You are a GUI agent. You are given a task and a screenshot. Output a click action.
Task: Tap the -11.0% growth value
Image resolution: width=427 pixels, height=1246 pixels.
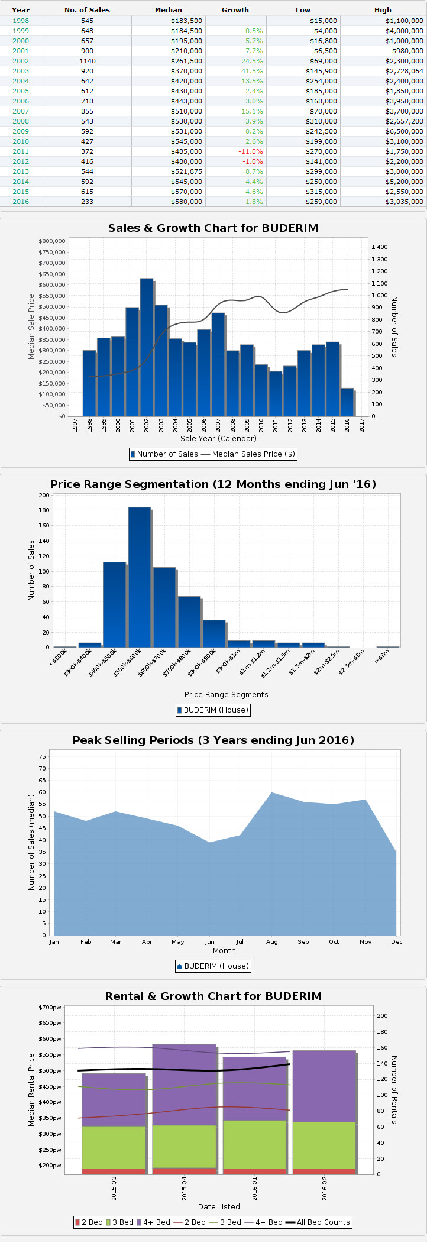click(x=250, y=151)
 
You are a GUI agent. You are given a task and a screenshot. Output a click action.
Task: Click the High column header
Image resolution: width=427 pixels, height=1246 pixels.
click(x=383, y=10)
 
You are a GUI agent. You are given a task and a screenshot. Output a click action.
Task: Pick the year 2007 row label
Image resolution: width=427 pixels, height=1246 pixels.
click(x=21, y=111)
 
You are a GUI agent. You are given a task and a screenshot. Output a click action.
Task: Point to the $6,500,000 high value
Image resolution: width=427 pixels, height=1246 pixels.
click(x=404, y=131)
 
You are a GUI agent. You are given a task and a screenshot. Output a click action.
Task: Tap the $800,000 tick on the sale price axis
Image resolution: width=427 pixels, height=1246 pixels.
click(x=52, y=241)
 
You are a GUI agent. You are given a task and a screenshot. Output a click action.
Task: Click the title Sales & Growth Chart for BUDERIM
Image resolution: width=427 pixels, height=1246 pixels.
click(x=213, y=228)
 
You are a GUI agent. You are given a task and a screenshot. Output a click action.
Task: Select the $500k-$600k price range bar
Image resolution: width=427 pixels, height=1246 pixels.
click(x=140, y=577)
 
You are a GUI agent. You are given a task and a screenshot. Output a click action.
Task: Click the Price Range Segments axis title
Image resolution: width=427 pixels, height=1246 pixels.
click(x=226, y=695)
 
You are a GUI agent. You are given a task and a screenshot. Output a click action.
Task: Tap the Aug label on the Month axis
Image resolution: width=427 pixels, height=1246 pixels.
click(x=272, y=941)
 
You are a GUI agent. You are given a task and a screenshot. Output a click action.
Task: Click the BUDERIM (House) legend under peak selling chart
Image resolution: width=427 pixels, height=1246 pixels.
click(x=213, y=966)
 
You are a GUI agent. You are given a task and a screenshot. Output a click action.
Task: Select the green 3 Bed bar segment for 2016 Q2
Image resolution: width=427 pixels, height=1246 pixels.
click(x=324, y=1145)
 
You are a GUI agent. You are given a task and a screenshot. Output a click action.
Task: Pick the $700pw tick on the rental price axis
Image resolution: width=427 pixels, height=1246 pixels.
click(x=50, y=1008)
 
